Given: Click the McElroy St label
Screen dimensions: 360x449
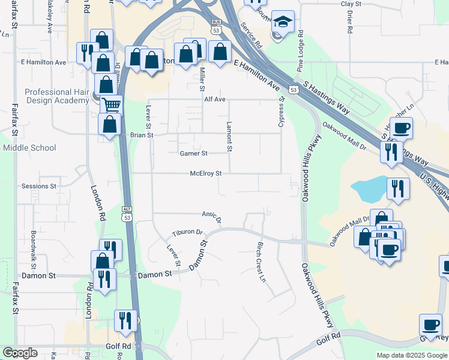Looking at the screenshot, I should (x=206, y=173).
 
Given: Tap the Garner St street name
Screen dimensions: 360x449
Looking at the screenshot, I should (x=194, y=154).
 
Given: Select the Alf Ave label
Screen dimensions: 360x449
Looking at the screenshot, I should (x=214, y=99).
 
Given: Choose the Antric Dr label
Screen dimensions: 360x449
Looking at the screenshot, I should (x=212, y=216).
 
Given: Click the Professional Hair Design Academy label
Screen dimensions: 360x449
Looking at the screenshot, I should (x=56, y=96).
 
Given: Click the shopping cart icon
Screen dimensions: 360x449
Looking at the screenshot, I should (x=110, y=106).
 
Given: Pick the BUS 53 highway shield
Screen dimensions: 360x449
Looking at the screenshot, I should (x=216, y=28).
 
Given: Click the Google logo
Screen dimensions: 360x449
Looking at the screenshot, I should (x=20, y=352).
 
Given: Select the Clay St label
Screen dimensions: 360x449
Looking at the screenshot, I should (x=351, y=4).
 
